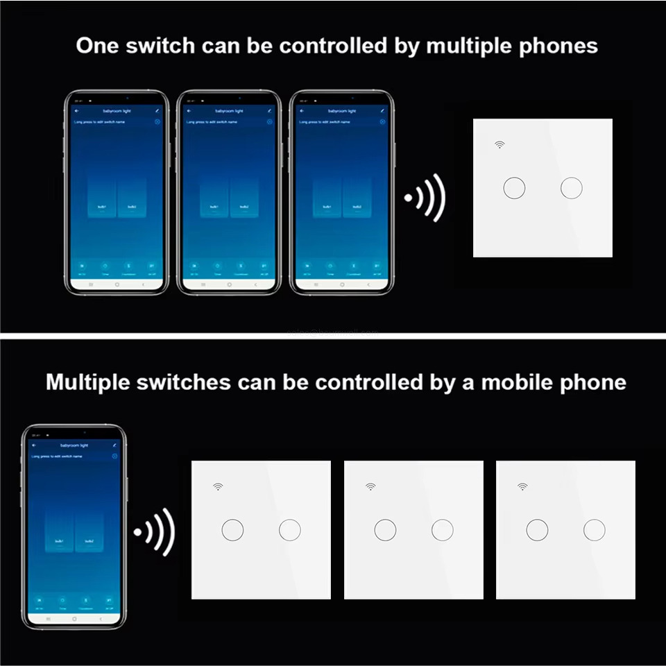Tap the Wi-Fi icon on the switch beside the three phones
point(499,144)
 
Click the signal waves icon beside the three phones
point(425,198)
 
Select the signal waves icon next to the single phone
point(155,532)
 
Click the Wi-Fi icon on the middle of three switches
point(370,487)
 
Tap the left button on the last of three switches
point(537,530)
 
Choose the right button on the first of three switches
point(290,530)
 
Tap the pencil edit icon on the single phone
point(114,445)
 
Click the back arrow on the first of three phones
point(76,111)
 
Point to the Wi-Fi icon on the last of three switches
point(522,487)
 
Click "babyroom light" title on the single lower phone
point(74,445)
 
